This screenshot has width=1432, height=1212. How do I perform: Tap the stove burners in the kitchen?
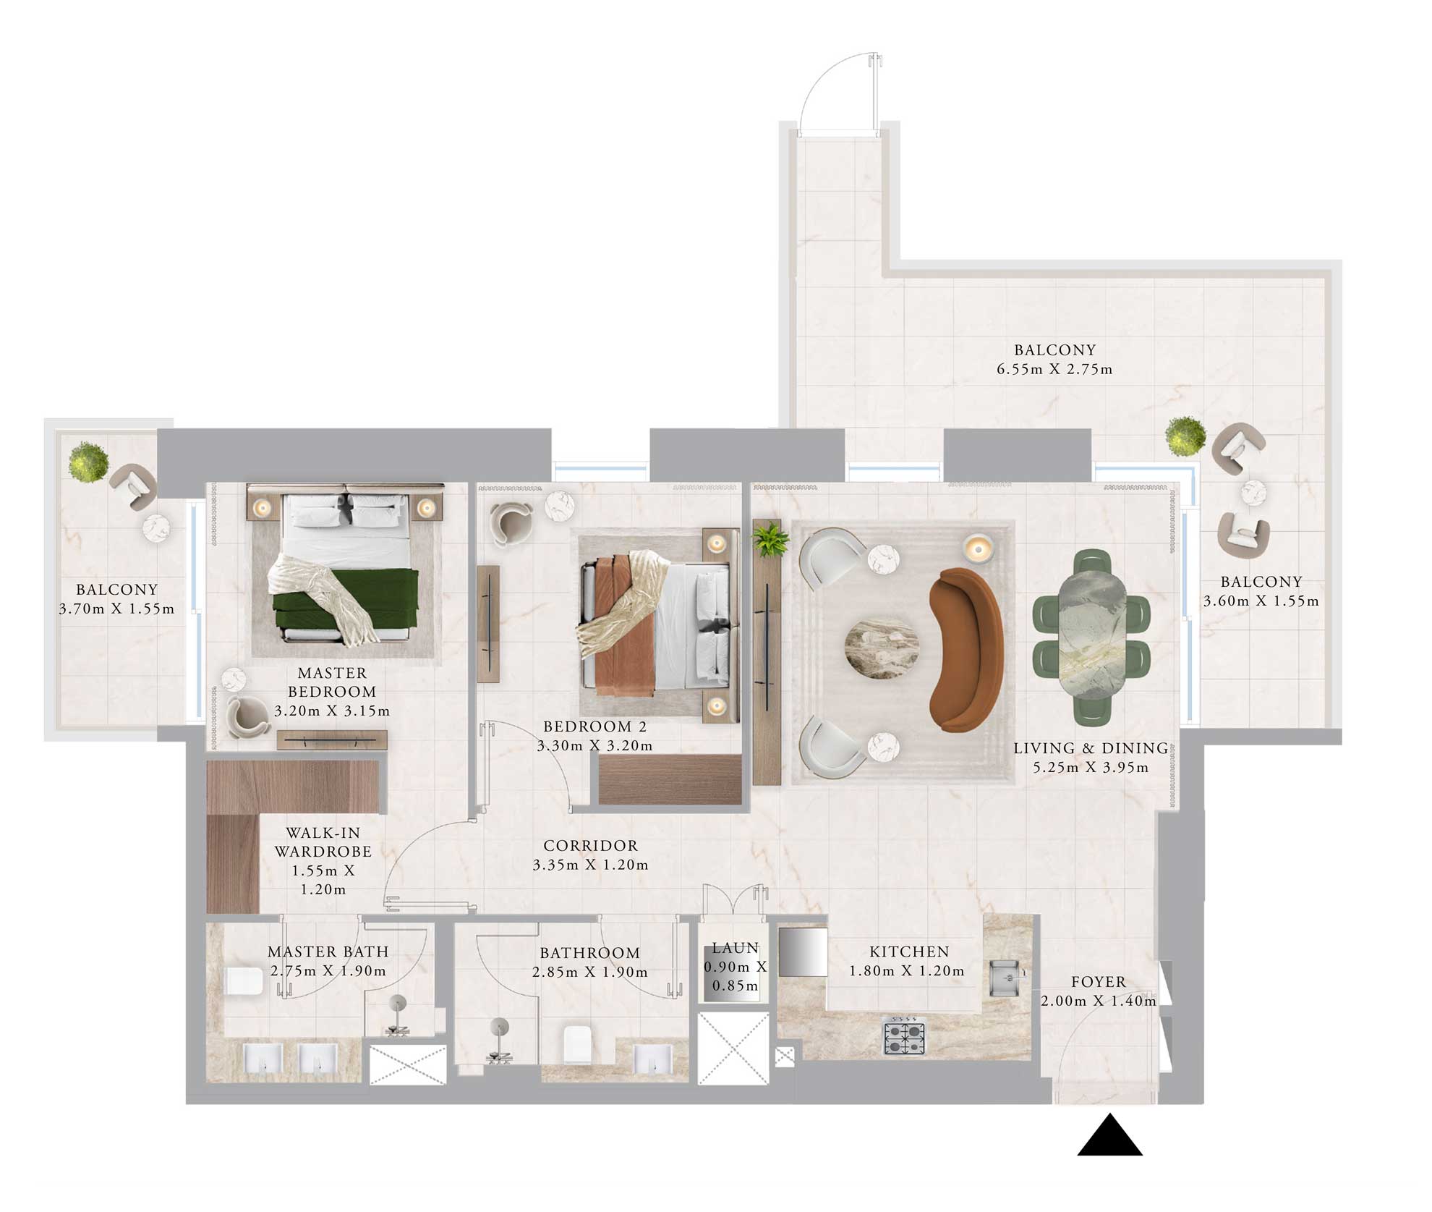tap(905, 1037)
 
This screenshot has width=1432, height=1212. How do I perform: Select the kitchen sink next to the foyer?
tap(1005, 978)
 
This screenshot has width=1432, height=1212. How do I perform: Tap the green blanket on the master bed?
tap(346, 600)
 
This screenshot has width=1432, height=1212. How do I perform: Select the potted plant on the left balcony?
tap(88, 461)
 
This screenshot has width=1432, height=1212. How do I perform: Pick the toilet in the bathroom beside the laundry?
tap(578, 1043)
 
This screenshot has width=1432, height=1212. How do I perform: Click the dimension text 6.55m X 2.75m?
tap(1054, 369)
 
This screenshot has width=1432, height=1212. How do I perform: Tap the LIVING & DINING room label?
tap(1091, 748)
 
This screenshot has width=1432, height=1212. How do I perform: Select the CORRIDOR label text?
tap(590, 845)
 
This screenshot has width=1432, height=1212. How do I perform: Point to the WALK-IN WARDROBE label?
tap(323, 842)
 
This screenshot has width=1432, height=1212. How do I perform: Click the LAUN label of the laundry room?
tap(735, 948)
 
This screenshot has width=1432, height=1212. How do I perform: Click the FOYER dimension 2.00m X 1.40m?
tap(1098, 1001)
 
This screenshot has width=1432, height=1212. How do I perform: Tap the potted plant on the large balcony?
tap(1185, 436)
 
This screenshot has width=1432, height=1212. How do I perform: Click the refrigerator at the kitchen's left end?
tap(803, 952)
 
